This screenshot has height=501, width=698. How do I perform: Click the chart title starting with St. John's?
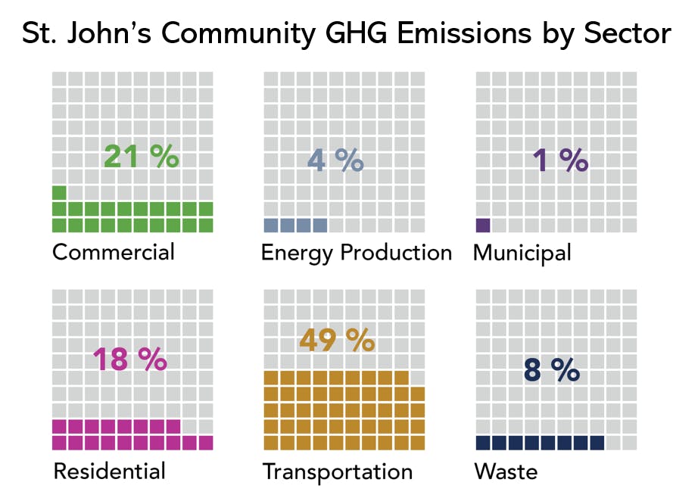click(x=347, y=34)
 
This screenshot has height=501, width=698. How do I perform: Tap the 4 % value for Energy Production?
click(x=335, y=160)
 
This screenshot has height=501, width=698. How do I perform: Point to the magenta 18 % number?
click(x=129, y=359)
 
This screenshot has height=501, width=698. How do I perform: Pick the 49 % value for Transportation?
click(x=337, y=340)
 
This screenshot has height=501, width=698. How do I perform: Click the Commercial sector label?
click(x=114, y=251)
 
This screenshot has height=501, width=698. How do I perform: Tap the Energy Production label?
click(x=356, y=252)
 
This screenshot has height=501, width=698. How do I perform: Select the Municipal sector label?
click(x=522, y=252)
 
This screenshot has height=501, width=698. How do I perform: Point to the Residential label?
click(x=109, y=471)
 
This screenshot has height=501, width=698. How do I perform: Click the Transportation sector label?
click(x=338, y=472)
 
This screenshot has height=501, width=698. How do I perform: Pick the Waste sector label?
click(x=506, y=471)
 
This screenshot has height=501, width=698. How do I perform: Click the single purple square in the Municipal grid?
click(x=483, y=225)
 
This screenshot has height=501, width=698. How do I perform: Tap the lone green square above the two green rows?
click(x=59, y=192)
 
